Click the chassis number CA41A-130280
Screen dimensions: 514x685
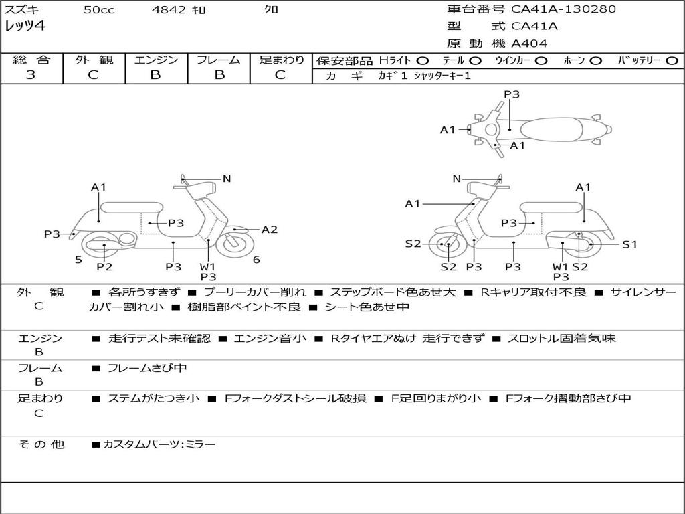[563, 9]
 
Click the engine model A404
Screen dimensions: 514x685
[529, 44]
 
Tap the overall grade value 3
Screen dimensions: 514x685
[31, 75]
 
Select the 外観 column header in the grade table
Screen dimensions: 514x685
[94, 60]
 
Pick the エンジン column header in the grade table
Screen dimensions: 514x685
[156, 60]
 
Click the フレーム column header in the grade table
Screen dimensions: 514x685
[218, 60]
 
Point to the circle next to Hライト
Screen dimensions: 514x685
[423, 60]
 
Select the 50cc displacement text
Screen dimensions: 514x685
[99, 10]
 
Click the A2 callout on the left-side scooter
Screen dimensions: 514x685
[270, 230]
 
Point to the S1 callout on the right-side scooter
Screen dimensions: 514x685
[629, 244]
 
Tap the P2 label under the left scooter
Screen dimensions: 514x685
[104, 267]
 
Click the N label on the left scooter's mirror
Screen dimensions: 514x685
[227, 179]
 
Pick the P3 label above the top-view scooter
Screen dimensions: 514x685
[512, 94]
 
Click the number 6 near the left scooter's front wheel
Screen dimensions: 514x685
[256, 260]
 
